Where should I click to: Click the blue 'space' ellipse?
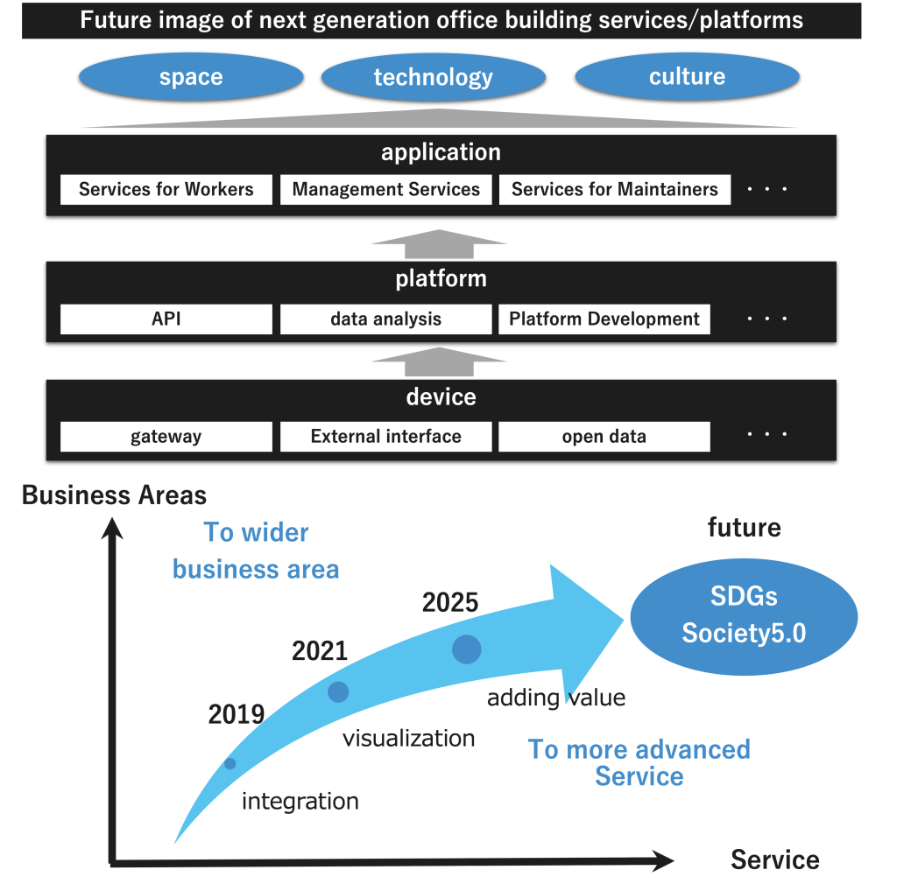[191, 76]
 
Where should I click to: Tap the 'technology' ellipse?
[433, 76]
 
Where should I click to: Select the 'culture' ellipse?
[687, 76]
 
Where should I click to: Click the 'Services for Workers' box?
[166, 189]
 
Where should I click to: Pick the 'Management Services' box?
[386, 189]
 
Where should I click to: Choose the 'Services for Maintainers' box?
[614, 189]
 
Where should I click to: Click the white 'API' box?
[166, 319]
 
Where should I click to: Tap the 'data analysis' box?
[386, 319]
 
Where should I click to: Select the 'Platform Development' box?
[604, 319]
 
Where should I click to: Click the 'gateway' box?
[166, 437]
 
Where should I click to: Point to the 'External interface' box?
[386, 437]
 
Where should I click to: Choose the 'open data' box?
[604, 437]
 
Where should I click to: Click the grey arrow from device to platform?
[439, 362]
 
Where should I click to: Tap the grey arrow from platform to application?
[439, 244]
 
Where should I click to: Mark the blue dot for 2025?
[466, 649]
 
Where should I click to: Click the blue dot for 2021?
[338, 692]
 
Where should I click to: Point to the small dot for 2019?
[230, 763]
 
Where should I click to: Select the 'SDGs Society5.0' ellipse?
[744, 617]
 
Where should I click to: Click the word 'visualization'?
[408, 739]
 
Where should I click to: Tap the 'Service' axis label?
[775, 859]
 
